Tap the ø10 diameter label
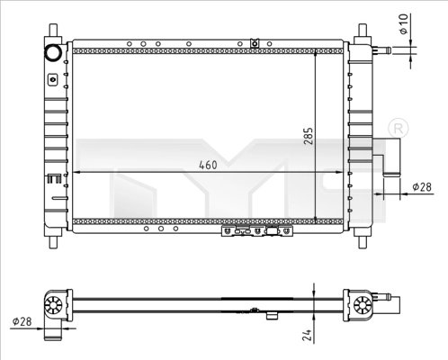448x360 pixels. click(x=405, y=24)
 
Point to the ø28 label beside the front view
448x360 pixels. click(x=421, y=186)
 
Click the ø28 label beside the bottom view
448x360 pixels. click(x=24, y=321)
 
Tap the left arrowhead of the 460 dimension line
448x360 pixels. click(x=76, y=171)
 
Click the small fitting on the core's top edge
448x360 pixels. click(x=255, y=41)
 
